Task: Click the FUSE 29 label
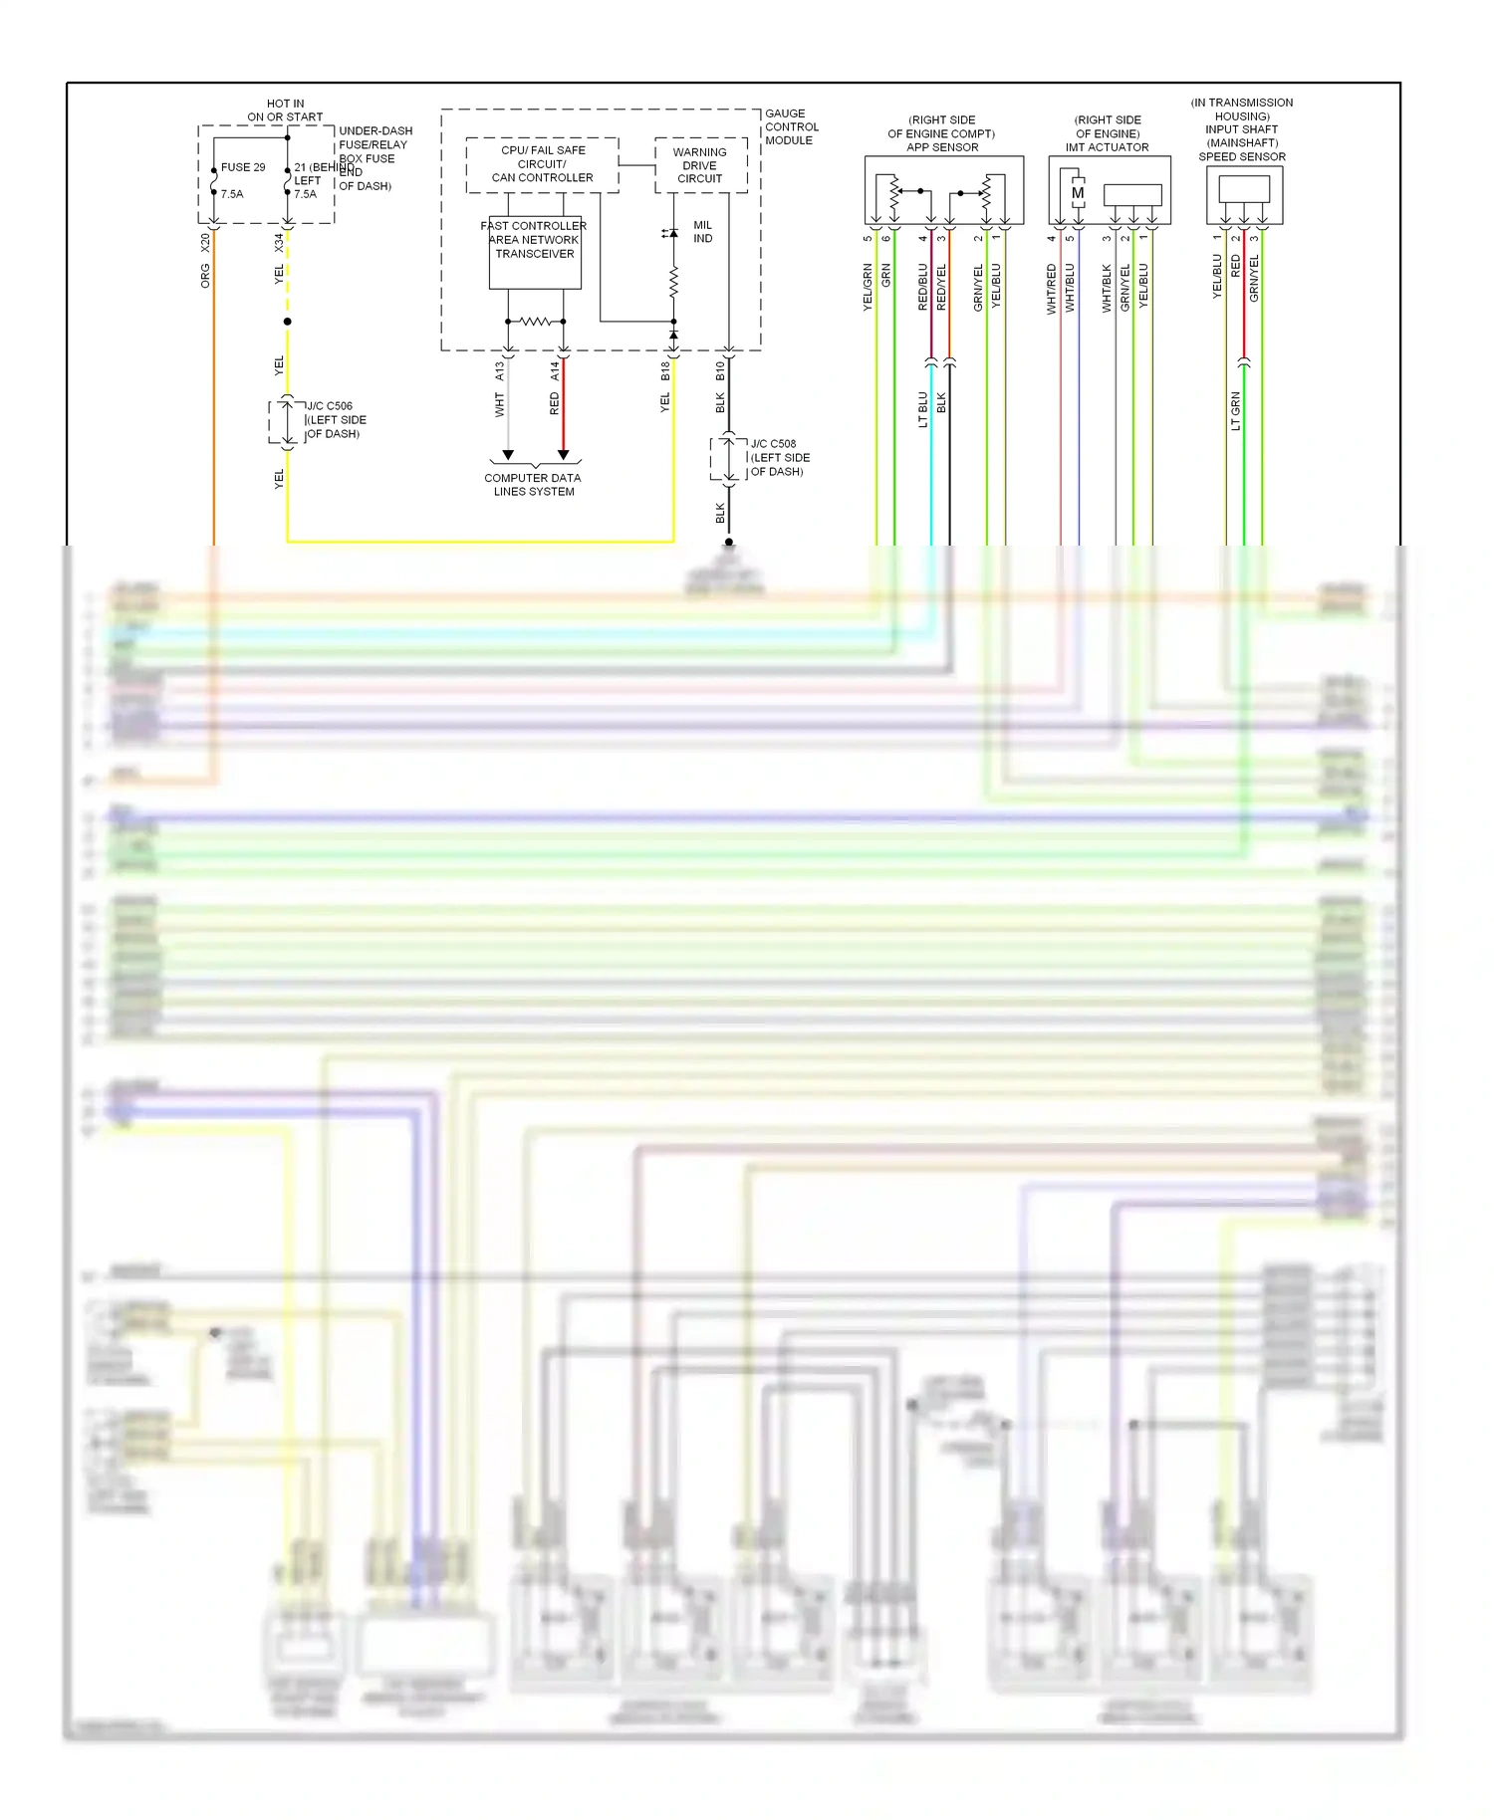(x=242, y=167)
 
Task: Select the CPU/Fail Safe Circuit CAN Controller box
(x=542, y=164)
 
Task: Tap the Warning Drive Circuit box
(x=699, y=165)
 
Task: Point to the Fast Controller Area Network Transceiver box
(x=535, y=253)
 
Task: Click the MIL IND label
(x=702, y=232)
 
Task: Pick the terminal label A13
(x=500, y=371)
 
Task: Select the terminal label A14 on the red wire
(x=555, y=371)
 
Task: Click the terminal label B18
(x=665, y=371)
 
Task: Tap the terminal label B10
(x=720, y=371)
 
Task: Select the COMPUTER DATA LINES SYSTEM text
(x=533, y=485)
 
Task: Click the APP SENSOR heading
(x=941, y=147)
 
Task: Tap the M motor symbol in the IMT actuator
(x=1077, y=193)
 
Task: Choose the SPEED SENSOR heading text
(x=1241, y=156)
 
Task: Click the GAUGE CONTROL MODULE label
(x=791, y=126)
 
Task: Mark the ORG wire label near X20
(x=205, y=276)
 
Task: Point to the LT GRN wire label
(x=1235, y=411)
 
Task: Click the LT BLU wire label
(x=922, y=409)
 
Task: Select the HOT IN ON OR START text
(x=285, y=110)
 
